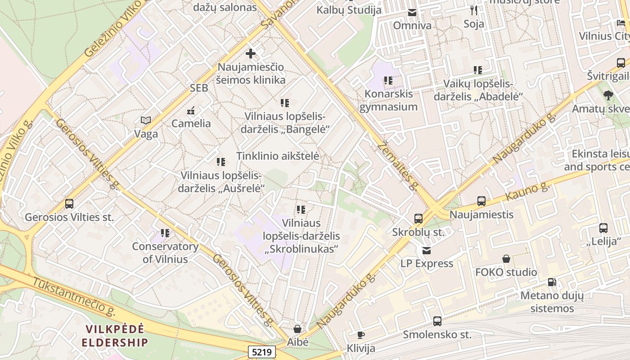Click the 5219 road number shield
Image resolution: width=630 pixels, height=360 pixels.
pos(261,351)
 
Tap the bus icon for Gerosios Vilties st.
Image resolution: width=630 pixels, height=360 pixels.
pos(69,204)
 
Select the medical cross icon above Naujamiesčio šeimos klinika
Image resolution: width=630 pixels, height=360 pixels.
pos(251,54)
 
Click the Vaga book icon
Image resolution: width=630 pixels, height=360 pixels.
pos(146,120)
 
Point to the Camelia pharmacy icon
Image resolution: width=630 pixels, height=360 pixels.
pos(191,110)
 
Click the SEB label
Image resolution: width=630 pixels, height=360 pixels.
pos(199,88)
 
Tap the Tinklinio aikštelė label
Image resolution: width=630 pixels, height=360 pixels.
pos(278,156)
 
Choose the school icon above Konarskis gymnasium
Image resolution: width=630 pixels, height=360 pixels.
pos(388,81)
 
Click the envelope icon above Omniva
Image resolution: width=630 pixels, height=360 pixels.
pos(412,13)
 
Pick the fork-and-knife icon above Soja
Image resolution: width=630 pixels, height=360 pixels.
pos(473,10)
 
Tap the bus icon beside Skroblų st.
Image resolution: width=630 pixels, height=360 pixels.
pos(418,219)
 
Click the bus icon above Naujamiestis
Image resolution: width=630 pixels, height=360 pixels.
pos(481,201)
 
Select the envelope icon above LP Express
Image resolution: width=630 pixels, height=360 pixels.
pos(426,250)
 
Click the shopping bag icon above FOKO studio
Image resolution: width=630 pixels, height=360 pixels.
pos(506,259)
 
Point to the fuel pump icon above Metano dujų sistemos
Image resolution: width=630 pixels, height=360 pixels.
pos(552,282)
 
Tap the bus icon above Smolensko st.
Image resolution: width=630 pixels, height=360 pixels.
pos(437,321)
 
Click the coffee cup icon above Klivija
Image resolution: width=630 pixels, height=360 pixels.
pos(360,335)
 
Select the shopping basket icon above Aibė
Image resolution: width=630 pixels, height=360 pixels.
pos(297,329)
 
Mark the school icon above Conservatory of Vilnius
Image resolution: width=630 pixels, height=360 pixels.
pos(165,233)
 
